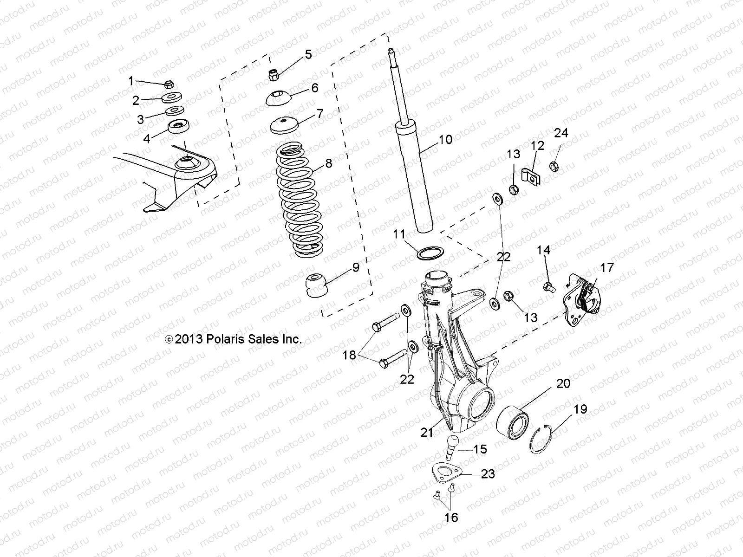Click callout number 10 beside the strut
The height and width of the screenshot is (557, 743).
click(445, 139)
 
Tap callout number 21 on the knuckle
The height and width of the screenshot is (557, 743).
click(427, 432)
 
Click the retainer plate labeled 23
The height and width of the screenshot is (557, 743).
click(444, 473)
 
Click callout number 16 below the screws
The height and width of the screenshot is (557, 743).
click(451, 517)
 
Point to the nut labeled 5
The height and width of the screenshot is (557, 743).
click(274, 74)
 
